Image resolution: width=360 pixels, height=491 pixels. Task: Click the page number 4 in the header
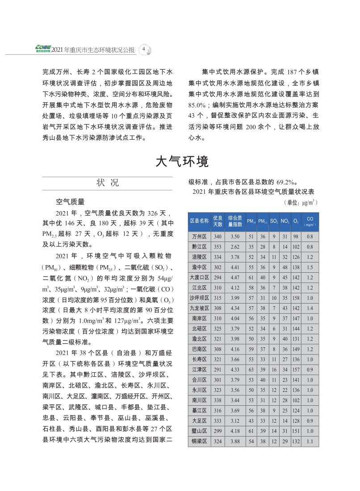pos(144,49)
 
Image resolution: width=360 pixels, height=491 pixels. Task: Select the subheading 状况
pos(108,183)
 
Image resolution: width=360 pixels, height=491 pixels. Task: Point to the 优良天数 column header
pos(218,221)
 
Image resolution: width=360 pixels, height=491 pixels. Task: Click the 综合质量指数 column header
pos(235,221)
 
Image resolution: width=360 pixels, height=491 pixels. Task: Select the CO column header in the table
pos(310,221)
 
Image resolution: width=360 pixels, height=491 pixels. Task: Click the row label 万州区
pos(199,236)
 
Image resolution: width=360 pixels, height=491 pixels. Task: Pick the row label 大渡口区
pos(199,277)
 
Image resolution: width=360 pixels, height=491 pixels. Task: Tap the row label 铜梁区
pos(199,441)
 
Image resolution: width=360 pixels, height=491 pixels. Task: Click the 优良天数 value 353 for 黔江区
pos(218,246)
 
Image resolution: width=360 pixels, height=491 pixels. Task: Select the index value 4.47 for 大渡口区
pos(235,277)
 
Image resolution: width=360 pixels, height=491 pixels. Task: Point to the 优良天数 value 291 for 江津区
pos(218,370)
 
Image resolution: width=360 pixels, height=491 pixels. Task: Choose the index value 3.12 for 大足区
pos(235,420)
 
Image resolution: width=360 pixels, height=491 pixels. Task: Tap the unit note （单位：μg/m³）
pos(300,202)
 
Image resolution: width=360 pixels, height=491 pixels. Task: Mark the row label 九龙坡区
pos(199,308)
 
